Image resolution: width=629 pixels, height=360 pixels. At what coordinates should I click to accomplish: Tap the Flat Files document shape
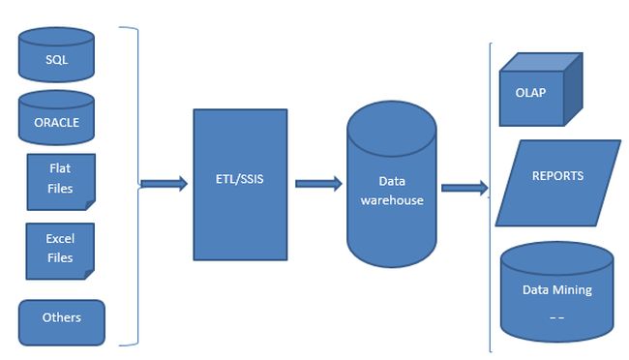point(60,180)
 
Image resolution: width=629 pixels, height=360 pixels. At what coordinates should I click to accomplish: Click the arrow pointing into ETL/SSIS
point(164,184)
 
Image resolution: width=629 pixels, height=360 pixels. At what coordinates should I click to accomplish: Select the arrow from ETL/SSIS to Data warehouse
point(317,183)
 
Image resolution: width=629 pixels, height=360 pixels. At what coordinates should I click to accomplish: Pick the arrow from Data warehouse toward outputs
point(464,188)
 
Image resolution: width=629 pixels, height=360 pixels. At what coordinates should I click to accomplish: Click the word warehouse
point(392,199)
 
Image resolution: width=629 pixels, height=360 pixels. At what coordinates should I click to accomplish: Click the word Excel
point(60,239)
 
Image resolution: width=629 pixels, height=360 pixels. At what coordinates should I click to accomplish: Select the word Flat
point(60,168)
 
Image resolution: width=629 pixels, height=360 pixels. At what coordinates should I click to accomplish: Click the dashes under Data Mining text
point(556,315)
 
